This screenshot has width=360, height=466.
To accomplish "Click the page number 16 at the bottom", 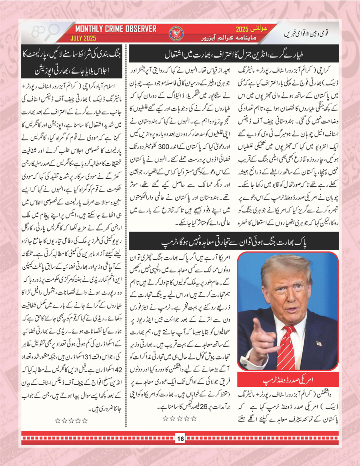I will pos(180,439).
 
